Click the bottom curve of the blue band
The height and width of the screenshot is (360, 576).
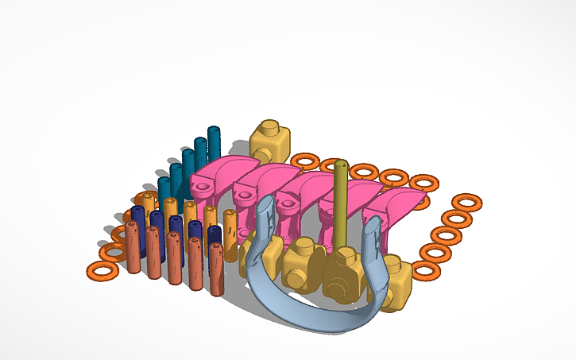point(318,318)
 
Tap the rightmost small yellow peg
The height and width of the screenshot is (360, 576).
point(230,235)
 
